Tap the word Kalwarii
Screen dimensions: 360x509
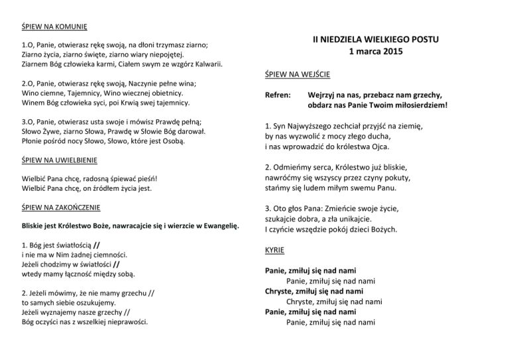(x=205, y=64)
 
